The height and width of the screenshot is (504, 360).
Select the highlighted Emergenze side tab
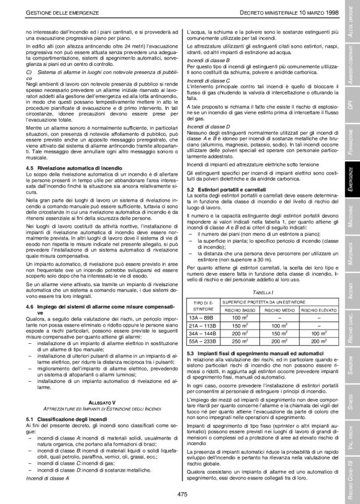(351, 179)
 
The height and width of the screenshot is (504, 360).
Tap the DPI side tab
(351, 91)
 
